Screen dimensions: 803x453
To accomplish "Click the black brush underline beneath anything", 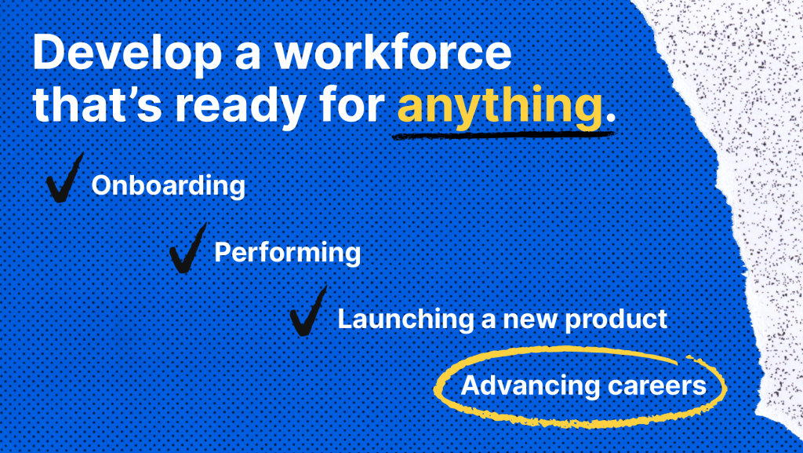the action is pyautogui.click(x=503, y=135).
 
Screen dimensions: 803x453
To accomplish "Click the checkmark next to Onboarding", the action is pyautogui.click(x=64, y=177).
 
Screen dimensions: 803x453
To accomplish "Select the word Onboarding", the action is pyautogui.click(x=169, y=185).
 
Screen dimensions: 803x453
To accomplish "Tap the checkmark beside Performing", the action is pyautogui.click(x=188, y=247).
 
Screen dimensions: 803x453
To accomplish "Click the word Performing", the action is pyautogui.click(x=287, y=253).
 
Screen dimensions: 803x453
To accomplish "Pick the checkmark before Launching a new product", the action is pyautogui.click(x=308, y=311).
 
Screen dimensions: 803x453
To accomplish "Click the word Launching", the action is pyautogui.click(x=406, y=320).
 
